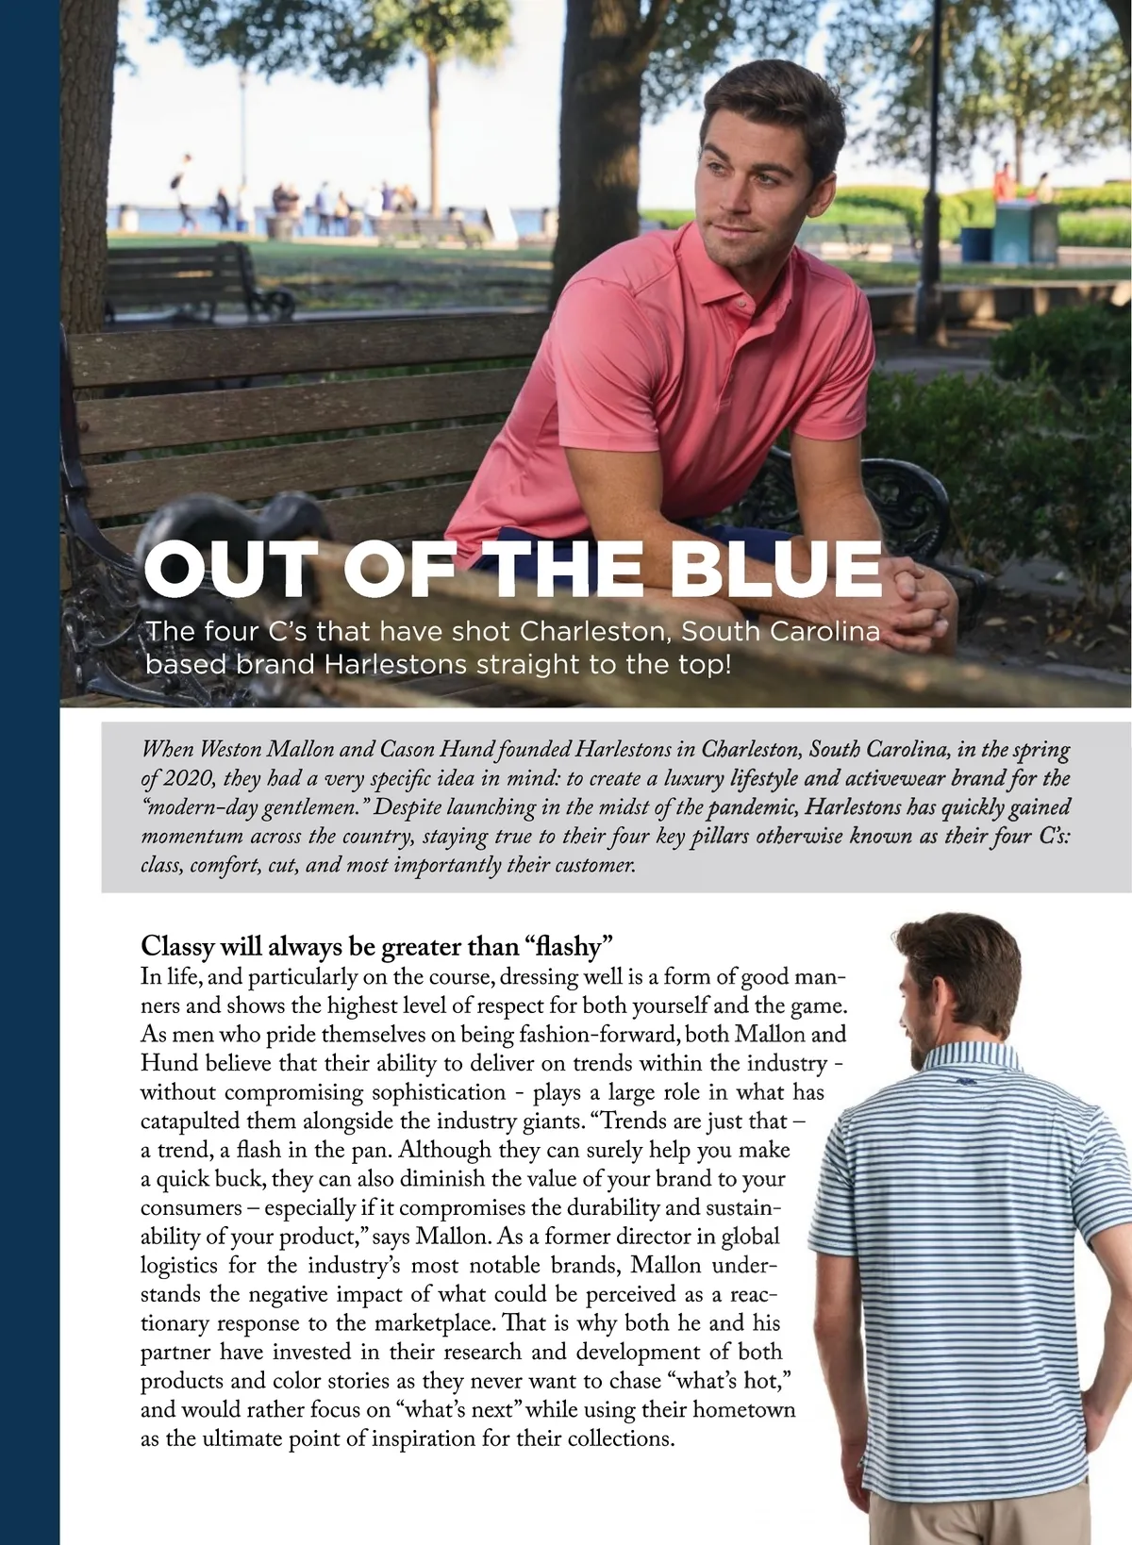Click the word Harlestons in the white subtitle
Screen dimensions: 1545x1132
[x=395, y=664]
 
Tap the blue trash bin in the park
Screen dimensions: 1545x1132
[x=976, y=242]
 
